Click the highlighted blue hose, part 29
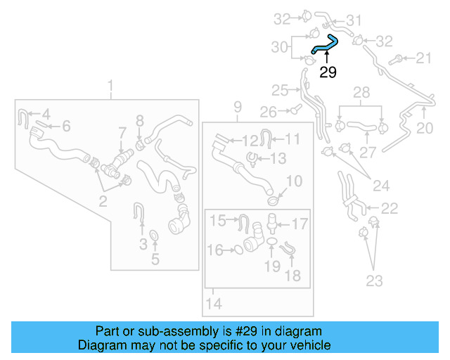[324, 46]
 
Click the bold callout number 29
[328, 72]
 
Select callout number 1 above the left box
[110, 86]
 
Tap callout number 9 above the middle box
[238, 107]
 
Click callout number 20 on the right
[425, 127]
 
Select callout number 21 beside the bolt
[424, 58]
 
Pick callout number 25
[280, 90]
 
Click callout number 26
[268, 111]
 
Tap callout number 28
[361, 93]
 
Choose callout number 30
[280, 47]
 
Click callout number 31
[354, 20]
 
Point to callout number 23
[374, 281]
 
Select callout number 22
[389, 207]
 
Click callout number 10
[294, 181]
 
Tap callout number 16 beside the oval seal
[215, 250]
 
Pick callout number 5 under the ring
[155, 259]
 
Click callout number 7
[122, 131]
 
